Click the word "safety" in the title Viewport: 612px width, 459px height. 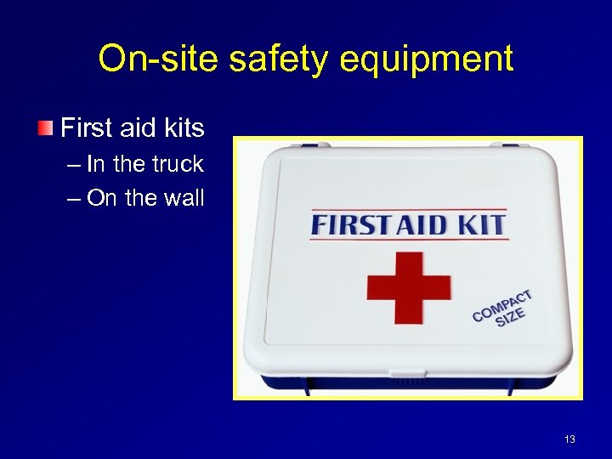(x=260, y=59)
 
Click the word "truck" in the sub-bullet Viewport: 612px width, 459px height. (x=176, y=164)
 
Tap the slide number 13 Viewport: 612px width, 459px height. (x=569, y=439)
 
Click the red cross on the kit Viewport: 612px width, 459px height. (x=408, y=286)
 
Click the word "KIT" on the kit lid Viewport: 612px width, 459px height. (x=483, y=225)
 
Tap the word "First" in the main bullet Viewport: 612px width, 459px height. (x=87, y=128)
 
